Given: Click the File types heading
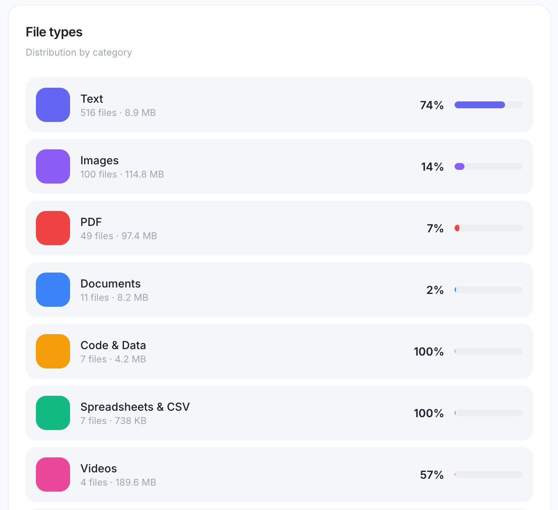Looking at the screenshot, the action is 54,32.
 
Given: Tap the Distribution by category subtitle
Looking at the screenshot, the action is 79,52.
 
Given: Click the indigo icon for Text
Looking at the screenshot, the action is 53,105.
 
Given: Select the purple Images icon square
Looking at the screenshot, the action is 53,166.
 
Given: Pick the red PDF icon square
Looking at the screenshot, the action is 53,228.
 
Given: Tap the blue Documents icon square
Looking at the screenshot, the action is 53,290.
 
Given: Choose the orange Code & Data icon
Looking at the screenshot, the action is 53,351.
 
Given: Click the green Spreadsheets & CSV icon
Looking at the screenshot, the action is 53,413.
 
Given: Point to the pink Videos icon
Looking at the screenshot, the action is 53,474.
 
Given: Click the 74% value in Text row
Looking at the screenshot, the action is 432,105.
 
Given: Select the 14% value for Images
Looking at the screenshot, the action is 432,167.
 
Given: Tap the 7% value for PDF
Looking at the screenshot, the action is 435,228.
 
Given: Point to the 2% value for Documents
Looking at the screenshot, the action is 435,290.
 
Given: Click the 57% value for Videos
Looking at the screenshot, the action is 432,475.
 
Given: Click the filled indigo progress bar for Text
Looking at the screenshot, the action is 479,105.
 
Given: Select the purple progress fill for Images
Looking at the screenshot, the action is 460,166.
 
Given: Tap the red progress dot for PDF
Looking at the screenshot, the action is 457,228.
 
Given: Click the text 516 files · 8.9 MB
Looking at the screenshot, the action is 118,113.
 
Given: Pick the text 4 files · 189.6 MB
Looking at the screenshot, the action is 118,482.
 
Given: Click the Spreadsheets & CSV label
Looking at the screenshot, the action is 135,407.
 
